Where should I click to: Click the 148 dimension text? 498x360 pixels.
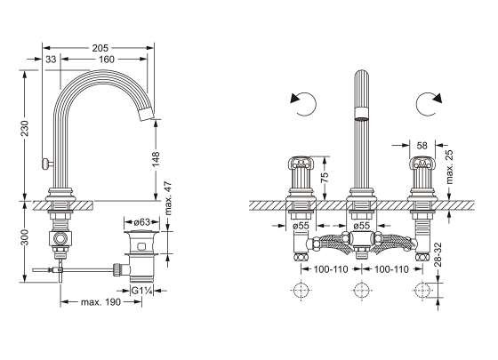pyautogui.click(x=157, y=160)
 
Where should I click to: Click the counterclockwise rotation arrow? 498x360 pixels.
pyautogui.click(x=302, y=103)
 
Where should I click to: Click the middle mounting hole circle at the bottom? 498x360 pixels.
pyautogui.click(x=361, y=290)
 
